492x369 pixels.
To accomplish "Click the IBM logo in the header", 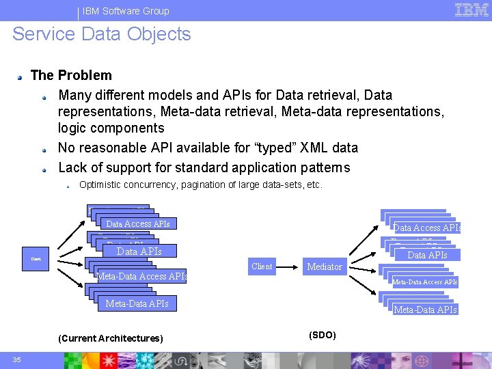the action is pyautogui.click(x=471, y=10).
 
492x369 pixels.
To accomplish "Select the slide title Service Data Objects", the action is pyautogui.click(x=102, y=34).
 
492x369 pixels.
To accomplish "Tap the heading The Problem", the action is pyautogui.click(x=71, y=75).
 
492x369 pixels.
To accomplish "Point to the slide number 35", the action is pyautogui.click(x=16, y=360).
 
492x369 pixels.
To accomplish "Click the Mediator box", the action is pyautogui.click(x=325, y=266).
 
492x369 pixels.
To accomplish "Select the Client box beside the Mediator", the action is pyautogui.click(x=262, y=266).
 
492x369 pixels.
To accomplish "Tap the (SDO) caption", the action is pyautogui.click(x=322, y=335).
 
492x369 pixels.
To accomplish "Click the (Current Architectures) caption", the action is pyautogui.click(x=111, y=338).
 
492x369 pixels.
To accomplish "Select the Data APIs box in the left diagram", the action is pyautogui.click(x=139, y=251).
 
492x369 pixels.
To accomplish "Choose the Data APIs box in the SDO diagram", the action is pyautogui.click(x=427, y=255).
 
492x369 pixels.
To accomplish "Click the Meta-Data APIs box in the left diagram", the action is pyautogui.click(x=137, y=303).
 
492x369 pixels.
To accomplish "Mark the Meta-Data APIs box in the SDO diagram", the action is pyautogui.click(x=425, y=310).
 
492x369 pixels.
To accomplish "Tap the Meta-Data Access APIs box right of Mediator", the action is pyautogui.click(x=424, y=282).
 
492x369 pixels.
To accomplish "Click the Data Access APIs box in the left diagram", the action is pyautogui.click(x=137, y=223).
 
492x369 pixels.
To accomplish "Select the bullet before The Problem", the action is pyautogui.click(x=23, y=77).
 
